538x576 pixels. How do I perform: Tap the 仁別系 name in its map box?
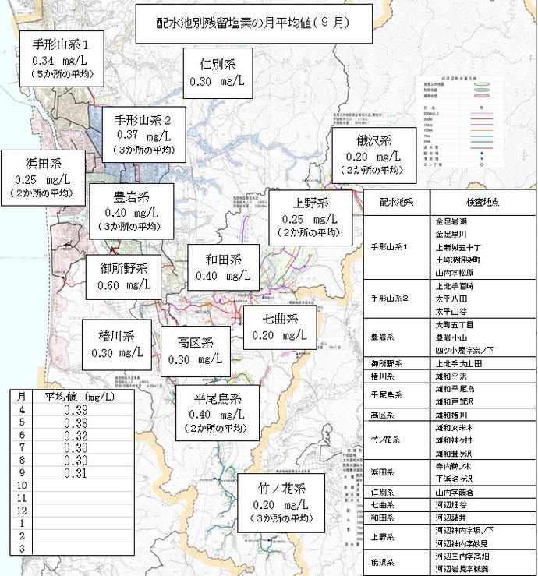click(x=218, y=64)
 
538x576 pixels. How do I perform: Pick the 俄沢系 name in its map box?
click(x=374, y=141)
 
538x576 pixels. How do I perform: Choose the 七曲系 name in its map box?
click(x=279, y=320)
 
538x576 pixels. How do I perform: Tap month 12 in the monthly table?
click(x=23, y=510)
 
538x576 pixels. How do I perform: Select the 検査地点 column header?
click(x=482, y=201)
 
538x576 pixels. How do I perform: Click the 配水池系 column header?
click(x=396, y=201)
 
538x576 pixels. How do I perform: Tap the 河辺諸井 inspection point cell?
click(x=451, y=516)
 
